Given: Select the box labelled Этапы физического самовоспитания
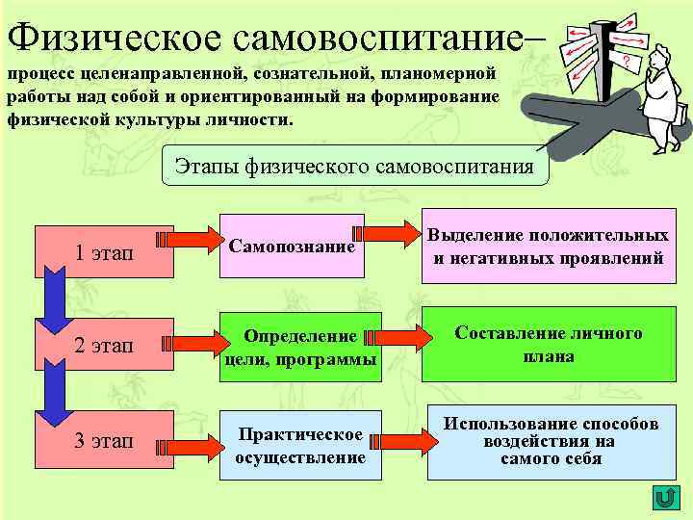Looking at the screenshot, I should pyautogui.click(x=353, y=166).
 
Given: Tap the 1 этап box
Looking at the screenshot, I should pyautogui.click(x=103, y=252).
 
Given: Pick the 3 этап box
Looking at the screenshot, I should pyautogui.click(x=103, y=441).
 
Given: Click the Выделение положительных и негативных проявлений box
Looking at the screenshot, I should pyautogui.click(x=548, y=247).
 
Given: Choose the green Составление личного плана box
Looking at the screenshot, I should pyautogui.click(x=548, y=345).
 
